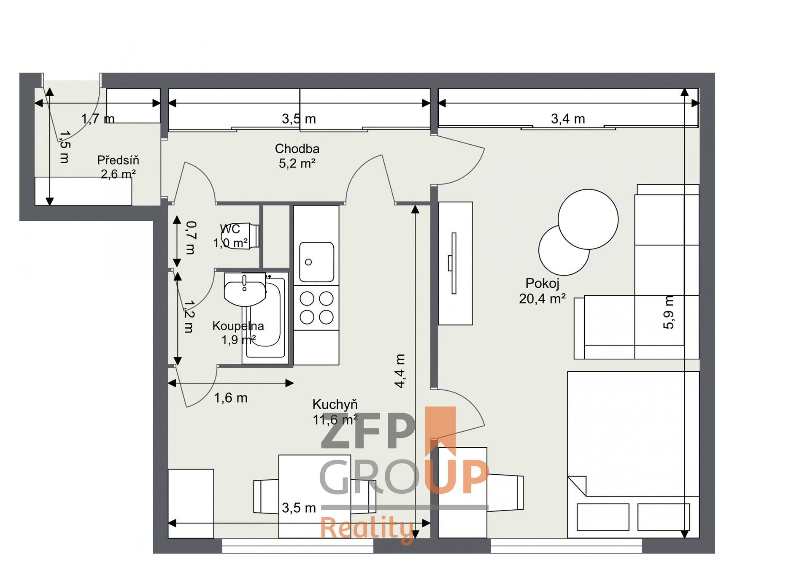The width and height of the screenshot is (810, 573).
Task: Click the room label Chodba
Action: [297, 149]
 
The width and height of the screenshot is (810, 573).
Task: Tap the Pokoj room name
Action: [542, 283]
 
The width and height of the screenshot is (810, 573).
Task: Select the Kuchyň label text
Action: [335, 404]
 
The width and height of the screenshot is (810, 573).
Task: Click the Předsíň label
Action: [118, 160]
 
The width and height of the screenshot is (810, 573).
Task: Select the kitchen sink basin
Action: [316, 262]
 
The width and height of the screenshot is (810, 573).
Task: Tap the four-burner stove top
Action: [316, 308]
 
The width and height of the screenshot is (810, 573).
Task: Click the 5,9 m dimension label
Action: [669, 312]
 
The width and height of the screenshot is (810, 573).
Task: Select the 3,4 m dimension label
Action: [568, 119]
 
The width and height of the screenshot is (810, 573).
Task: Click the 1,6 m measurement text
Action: [231, 398]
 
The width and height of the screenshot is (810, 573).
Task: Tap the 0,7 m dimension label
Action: [191, 238]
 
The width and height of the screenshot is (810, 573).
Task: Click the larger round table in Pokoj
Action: [588, 219]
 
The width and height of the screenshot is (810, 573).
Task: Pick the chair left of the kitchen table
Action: [266, 496]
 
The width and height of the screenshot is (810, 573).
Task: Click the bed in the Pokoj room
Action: [633, 455]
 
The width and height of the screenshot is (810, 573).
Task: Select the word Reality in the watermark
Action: [367, 528]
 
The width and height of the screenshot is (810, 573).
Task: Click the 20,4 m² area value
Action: [542, 299]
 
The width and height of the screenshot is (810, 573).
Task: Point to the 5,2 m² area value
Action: [297, 163]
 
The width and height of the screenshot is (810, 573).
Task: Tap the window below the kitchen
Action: [297, 546]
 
